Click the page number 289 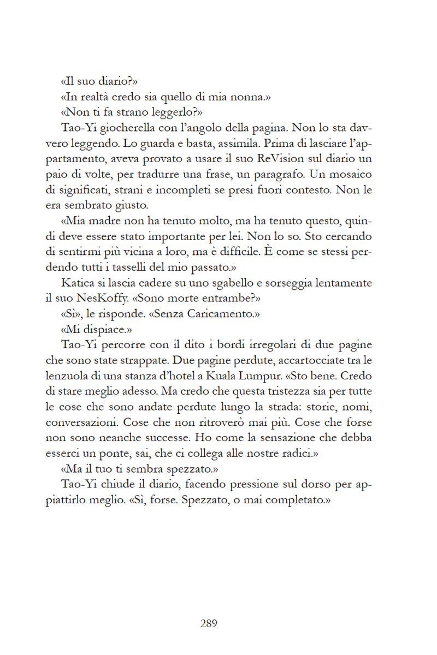click(x=209, y=623)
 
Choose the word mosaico click(x=348, y=175)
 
